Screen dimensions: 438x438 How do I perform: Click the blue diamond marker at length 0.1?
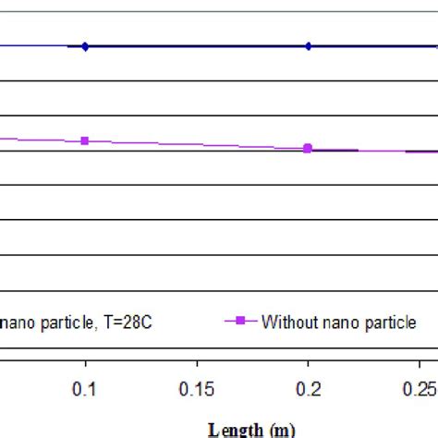[85, 46]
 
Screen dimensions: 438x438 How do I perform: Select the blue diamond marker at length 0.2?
[309, 46]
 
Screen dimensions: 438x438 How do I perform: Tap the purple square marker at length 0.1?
[85, 140]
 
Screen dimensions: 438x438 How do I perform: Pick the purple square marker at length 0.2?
[308, 148]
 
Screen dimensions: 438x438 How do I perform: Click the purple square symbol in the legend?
[240, 322]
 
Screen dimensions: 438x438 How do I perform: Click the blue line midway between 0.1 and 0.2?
[197, 46]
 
